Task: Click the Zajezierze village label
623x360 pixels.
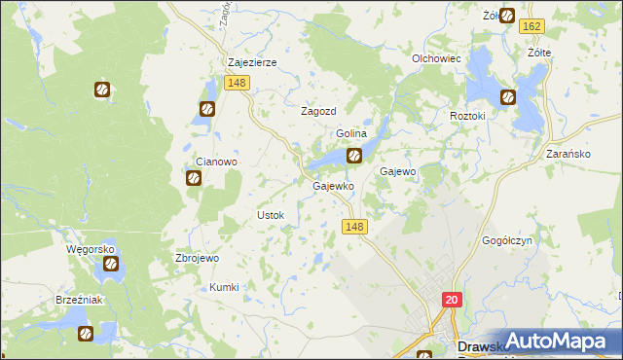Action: pos(252,62)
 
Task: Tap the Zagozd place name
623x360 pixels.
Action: pos(317,111)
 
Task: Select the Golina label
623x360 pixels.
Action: pos(350,133)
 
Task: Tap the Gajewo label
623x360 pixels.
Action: pos(397,171)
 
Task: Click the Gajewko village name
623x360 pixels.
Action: pos(331,185)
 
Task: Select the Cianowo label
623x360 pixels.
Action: pos(217,162)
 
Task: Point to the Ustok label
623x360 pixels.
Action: pos(269,215)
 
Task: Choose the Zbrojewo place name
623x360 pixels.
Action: pos(197,259)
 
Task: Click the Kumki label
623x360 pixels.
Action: pos(224,287)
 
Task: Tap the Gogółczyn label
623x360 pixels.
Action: pos(507,240)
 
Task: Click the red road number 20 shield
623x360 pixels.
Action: pos(452,301)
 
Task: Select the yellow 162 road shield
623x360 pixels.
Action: pos(559,27)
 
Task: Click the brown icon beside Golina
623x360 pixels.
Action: pos(354,154)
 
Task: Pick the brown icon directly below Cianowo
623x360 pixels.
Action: pos(193,178)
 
